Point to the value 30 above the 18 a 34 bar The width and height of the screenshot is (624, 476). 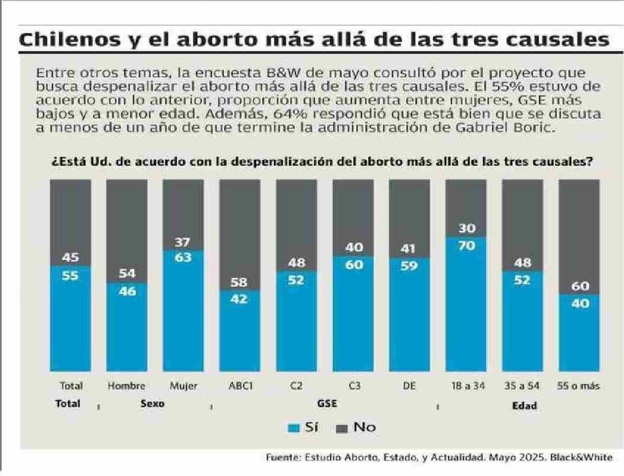pos(465,229)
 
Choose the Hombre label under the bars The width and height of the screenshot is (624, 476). pos(127,387)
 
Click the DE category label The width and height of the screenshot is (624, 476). pos(409,387)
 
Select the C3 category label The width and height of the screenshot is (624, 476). pos(353,387)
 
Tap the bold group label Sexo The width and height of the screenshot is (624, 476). pos(152,405)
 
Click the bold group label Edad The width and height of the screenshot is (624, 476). pos(524,405)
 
